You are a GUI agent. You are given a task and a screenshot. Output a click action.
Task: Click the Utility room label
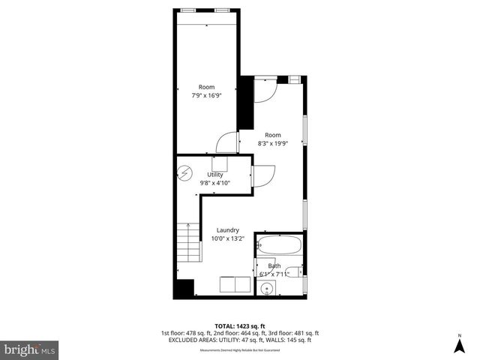point(214,174)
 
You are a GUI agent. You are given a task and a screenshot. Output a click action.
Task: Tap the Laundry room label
point(227,230)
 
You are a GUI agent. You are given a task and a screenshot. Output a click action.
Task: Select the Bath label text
point(274,265)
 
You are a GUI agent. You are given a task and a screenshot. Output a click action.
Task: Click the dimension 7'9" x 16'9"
point(206,96)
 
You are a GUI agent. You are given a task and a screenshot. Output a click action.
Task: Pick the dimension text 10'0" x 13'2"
point(227,238)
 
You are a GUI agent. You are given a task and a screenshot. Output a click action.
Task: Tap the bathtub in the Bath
point(279,244)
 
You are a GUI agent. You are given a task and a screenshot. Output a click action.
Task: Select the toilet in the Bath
point(297,271)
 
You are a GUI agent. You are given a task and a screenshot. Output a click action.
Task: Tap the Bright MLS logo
point(30,349)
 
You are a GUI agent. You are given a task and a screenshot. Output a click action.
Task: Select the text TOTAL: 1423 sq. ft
point(239,326)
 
